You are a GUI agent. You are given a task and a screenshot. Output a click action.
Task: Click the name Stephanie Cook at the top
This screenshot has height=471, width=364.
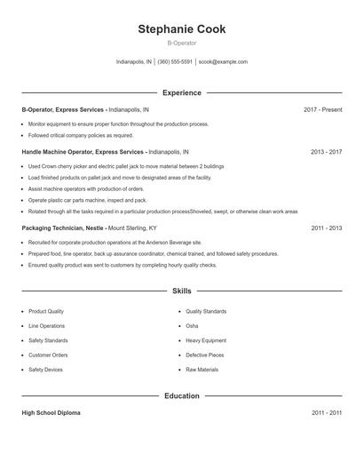pyautogui.click(x=181, y=29)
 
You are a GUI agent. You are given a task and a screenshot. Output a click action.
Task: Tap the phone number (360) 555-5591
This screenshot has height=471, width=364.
pyautogui.click(x=176, y=62)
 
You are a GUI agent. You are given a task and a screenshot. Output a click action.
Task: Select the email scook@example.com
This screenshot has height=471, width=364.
pyautogui.click(x=223, y=62)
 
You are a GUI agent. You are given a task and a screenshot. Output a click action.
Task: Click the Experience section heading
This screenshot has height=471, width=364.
pyautogui.click(x=182, y=92)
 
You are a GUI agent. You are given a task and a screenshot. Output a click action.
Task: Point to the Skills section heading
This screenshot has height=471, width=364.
pyautogui.click(x=182, y=291)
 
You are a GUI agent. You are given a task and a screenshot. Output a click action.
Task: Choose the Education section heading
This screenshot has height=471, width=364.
pyautogui.click(x=182, y=395)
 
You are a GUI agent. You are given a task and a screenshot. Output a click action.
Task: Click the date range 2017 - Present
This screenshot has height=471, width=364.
pyautogui.click(x=322, y=109)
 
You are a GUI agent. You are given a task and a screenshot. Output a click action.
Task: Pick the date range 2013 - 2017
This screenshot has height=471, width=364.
pyautogui.click(x=326, y=152)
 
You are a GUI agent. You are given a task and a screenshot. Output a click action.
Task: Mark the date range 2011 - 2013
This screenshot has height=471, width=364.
pyautogui.click(x=326, y=228)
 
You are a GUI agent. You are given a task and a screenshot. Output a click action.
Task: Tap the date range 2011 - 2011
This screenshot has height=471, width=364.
pyautogui.click(x=326, y=413)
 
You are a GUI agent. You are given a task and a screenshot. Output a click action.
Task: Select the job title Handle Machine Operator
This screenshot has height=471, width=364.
pyautogui.click(x=58, y=152)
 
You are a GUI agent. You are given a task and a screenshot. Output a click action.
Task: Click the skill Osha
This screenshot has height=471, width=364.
pyautogui.click(x=192, y=326)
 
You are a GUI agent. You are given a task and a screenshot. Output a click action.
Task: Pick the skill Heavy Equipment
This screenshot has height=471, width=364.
pyautogui.click(x=205, y=340)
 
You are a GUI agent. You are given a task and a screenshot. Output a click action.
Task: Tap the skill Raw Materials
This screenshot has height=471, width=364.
pyautogui.click(x=202, y=369)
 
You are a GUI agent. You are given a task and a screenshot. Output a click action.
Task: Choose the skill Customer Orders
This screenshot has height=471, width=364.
pyautogui.click(x=48, y=355)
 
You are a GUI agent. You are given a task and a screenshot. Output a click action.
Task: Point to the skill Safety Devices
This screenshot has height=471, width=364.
pyautogui.click(x=45, y=369)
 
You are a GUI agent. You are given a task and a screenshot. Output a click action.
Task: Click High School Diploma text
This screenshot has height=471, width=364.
pyautogui.click(x=51, y=413)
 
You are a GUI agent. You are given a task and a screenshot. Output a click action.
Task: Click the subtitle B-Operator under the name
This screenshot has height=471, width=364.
pyautogui.click(x=181, y=43)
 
